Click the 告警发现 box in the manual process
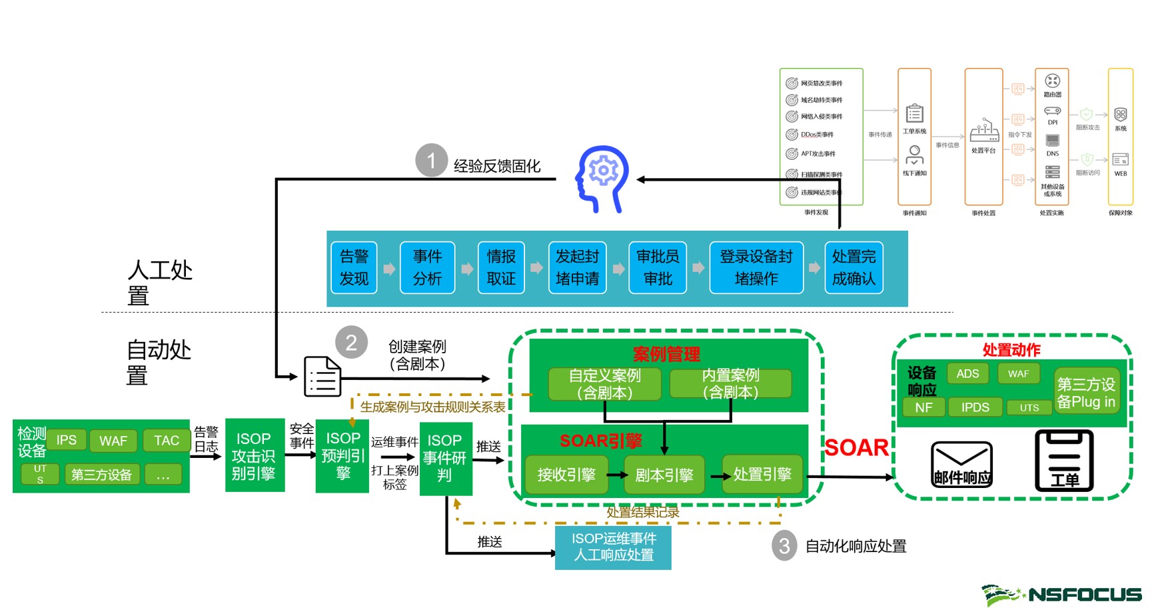[354, 267]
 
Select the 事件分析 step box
[427, 267]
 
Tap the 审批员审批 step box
[658, 267]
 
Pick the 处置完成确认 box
[854, 267]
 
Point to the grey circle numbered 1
[431, 160]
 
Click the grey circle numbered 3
[784, 546]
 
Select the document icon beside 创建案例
[322, 377]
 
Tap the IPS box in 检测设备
[67, 440]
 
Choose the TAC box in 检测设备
[167, 441]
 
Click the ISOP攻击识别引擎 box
[255, 456]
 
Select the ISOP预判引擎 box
[342, 456]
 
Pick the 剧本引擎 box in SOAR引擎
[664, 475]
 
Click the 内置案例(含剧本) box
[730, 384]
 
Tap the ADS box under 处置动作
[967, 373]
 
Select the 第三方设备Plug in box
[1086, 393]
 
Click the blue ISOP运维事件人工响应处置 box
[613, 547]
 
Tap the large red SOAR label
[856, 447]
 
